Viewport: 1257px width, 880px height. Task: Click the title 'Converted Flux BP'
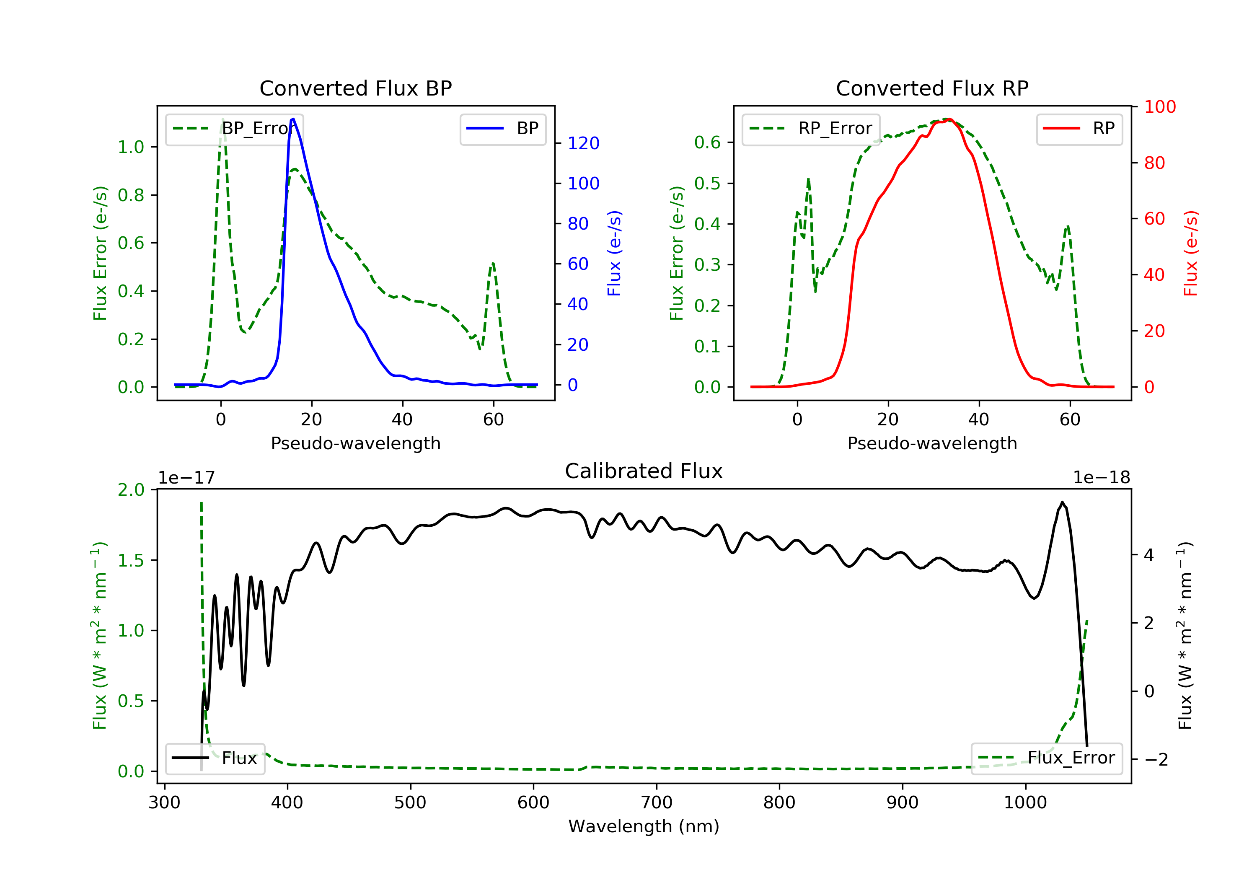point(356,88)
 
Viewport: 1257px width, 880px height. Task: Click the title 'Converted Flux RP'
point(932,88)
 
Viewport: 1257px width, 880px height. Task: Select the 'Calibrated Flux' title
point(644,471)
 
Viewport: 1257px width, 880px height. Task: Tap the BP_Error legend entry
point(234,129)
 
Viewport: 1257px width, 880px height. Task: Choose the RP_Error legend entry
point(811,129)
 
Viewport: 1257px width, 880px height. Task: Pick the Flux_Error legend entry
point(1047,758)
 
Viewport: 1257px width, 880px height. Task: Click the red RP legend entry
point(1079,129)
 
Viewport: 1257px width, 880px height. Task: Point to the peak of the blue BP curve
point(293,119)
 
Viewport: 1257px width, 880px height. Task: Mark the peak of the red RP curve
point(949,119)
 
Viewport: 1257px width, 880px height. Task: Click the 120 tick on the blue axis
point(583,143)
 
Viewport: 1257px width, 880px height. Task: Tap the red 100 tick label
point(1159,107)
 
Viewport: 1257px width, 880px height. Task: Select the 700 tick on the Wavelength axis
point(657,803)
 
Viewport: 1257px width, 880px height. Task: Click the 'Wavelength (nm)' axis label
point(644,826)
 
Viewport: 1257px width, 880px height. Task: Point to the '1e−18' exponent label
point(1102,478)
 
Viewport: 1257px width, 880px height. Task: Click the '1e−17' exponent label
point(187,478)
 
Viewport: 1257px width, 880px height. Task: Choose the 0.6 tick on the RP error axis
point(707,143)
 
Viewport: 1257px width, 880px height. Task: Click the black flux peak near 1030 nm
point(1062,502)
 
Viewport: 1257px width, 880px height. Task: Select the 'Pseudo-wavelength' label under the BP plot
point(356,443)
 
